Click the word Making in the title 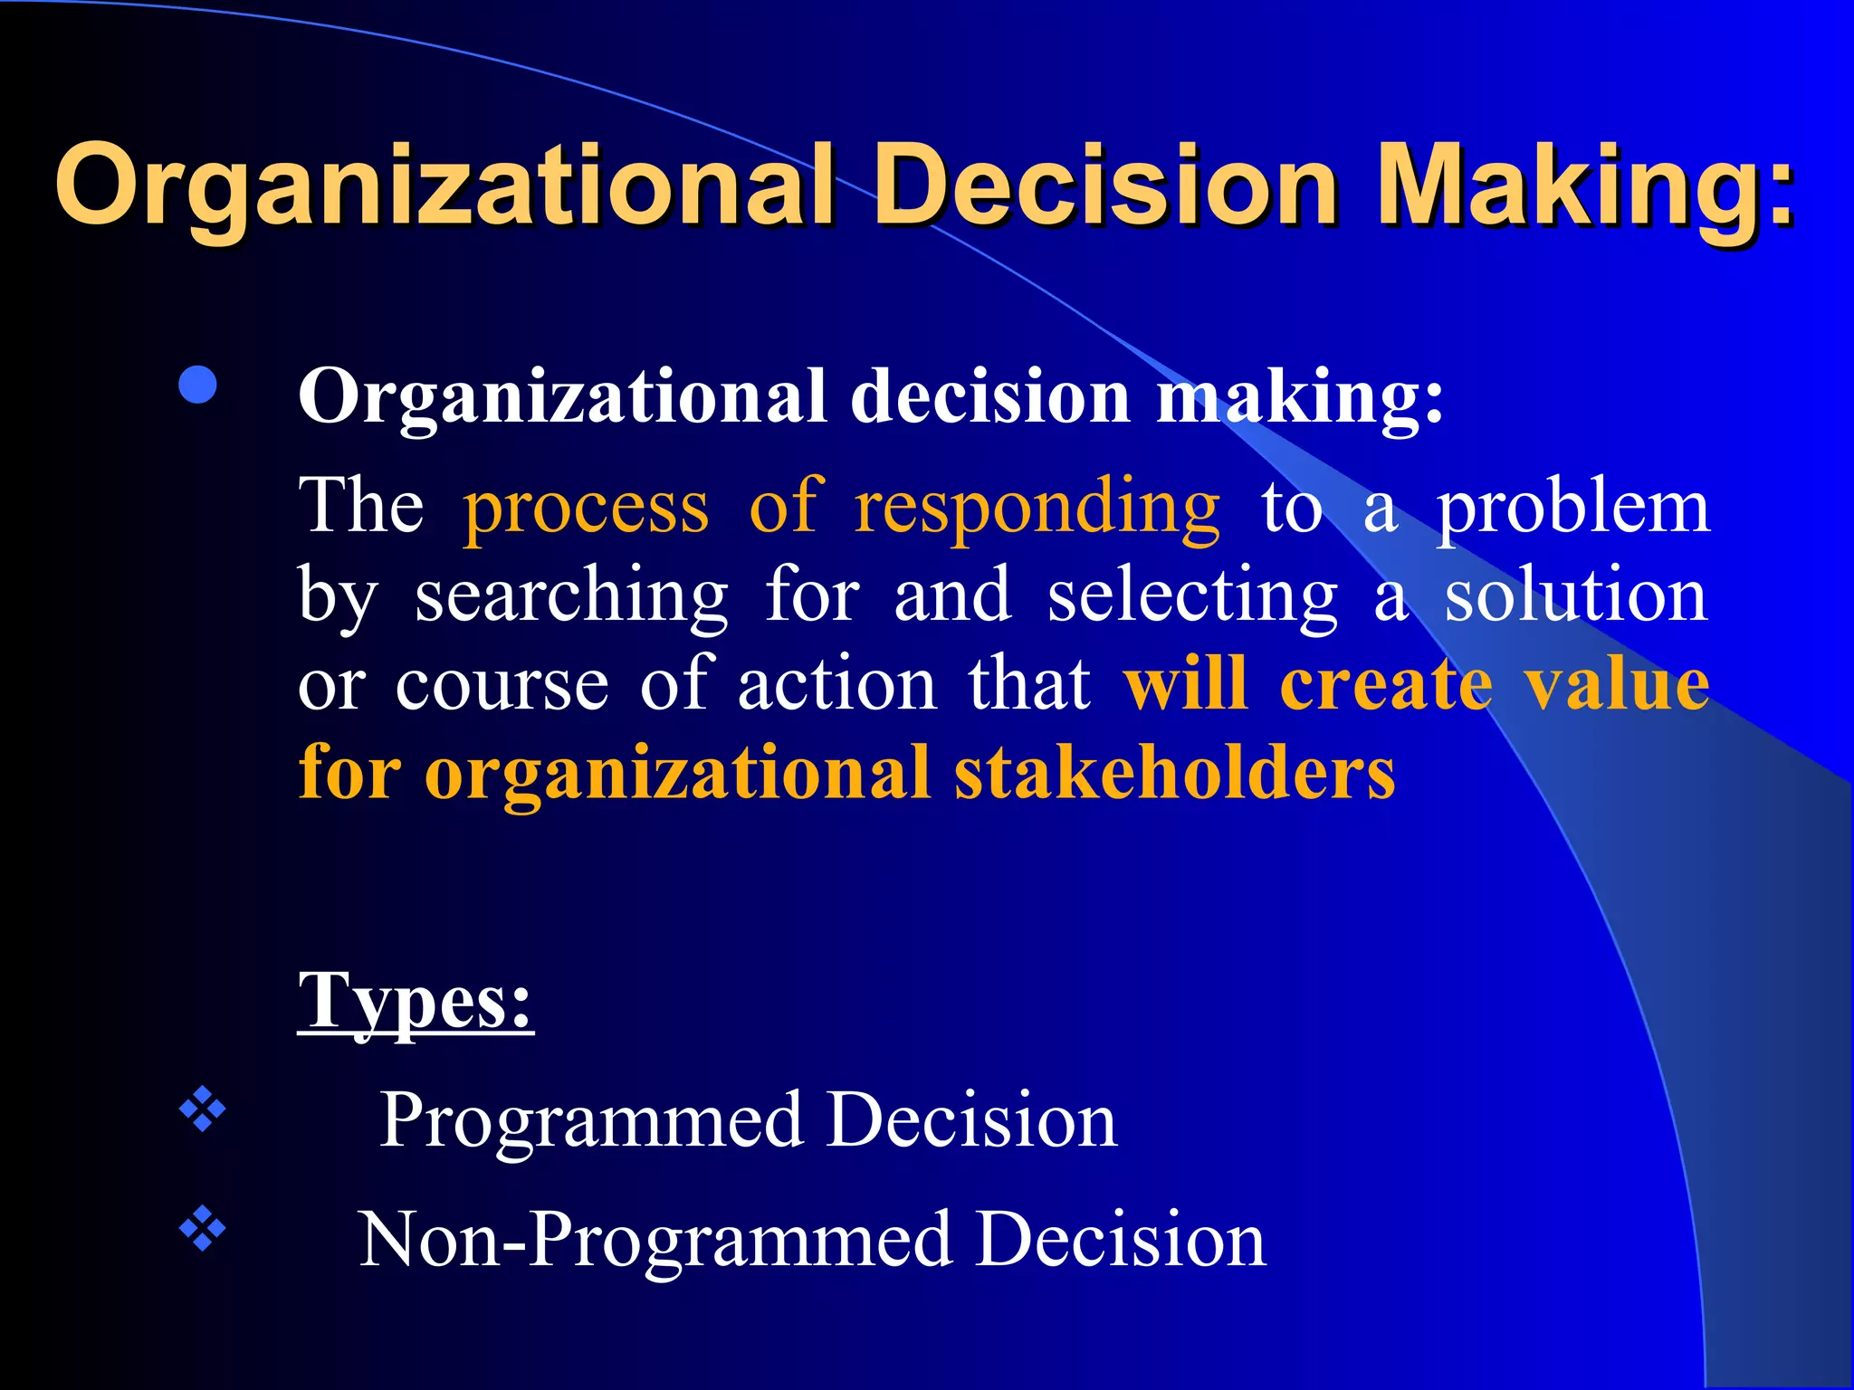pos(1584,186)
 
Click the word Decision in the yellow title pos(1104,186)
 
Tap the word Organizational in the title pos(444,186)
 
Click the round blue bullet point pos(198,386)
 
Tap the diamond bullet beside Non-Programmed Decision pos(202,1228)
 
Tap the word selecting pos(1192,597)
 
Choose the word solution pos(1575,597)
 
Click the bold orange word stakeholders pos(1174,774)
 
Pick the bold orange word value pos(1617,685)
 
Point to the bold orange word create pos(1385,685)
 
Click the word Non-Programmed pos(655,1240)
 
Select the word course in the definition pos(502,685)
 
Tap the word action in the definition pos(837,685)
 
